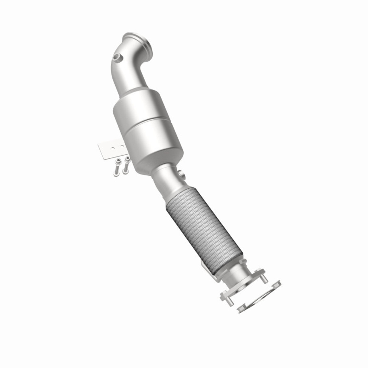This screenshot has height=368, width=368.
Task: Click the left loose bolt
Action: point(117,168)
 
